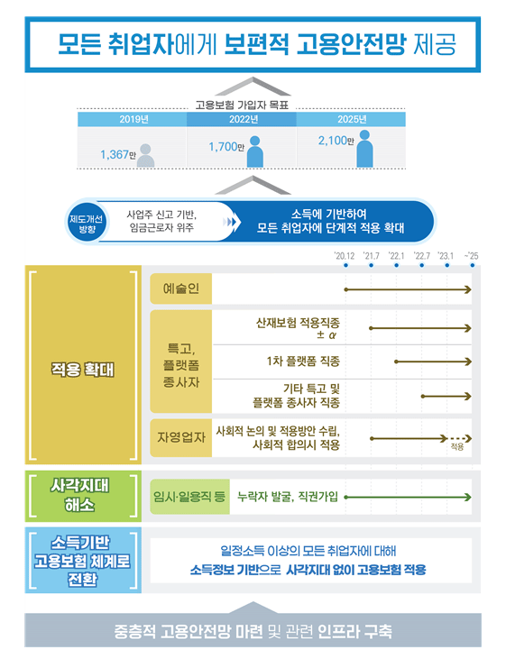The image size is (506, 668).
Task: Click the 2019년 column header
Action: [133, 119]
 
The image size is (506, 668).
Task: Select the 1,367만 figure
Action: [117, 154]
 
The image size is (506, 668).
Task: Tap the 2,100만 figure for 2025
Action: [336, 140]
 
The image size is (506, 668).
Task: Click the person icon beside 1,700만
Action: [255, 151]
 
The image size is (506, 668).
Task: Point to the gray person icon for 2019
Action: [145, 155]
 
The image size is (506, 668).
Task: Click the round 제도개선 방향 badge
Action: [87, 224]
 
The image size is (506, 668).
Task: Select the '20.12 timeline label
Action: [345, 256]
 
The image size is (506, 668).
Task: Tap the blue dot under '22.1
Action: [397, 265]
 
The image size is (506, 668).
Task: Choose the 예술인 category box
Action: [180, 288]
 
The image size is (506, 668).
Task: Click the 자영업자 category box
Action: [180, 437]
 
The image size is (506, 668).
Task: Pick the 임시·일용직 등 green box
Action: [189, 497]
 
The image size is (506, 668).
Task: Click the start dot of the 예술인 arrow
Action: [345, 289]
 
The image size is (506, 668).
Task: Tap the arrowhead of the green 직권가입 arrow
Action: [468, 497]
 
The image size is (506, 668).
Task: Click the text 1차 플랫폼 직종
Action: [303, 361]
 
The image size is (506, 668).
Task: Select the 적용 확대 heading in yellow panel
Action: [83, 370]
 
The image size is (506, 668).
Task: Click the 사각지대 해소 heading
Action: [79, 495]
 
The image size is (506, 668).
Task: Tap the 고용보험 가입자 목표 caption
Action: [242, 105]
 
